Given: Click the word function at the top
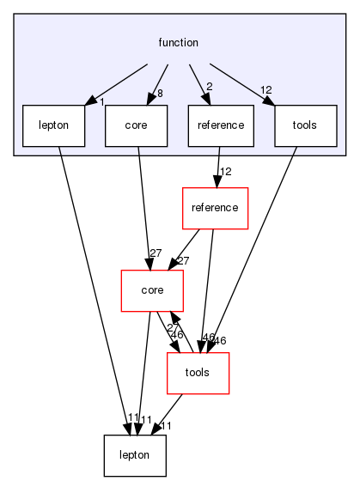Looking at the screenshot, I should [x=179, y=42].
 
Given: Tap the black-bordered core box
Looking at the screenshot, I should [x=136, y=125].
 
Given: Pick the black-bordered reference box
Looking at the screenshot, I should [x=220, y=125].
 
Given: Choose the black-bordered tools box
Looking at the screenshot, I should [x=303, y=125].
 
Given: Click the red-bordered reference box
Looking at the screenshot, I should [x=216, y=208].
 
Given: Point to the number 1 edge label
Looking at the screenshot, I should [x=101, y=102].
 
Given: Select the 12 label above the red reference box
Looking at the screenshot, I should [x=227, y=173].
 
